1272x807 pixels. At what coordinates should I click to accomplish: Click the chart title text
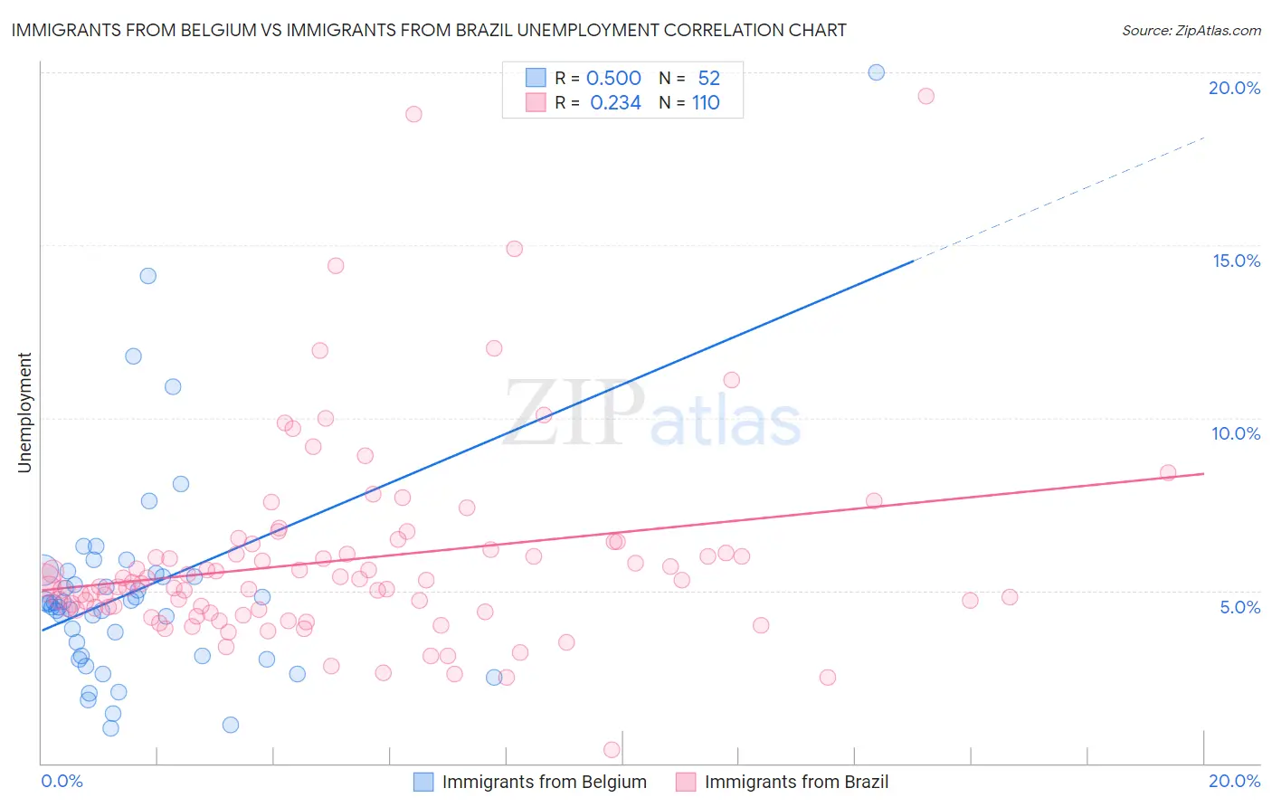coord(429,30)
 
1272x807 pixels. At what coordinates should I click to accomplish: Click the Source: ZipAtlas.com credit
coord(1191,30)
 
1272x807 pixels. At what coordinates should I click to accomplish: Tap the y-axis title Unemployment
coord(25,413)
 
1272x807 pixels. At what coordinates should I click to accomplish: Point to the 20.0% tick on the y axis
coord(1234,88)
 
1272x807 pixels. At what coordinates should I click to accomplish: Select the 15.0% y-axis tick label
coord(1236,261)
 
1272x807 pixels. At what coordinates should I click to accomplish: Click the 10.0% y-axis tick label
coord(1236,433)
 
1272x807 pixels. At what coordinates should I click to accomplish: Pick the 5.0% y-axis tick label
coord(1239,607)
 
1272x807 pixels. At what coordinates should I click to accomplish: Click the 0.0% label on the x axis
coord(62,781)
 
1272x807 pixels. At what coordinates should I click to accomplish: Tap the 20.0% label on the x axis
coord(1234,781)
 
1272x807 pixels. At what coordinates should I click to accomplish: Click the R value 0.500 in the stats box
coord(613,79)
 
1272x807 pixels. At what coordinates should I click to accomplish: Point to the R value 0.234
coord(615,103)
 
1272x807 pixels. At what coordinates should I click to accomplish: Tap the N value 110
coord(706,103)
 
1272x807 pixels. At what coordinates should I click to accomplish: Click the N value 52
coord(708,79)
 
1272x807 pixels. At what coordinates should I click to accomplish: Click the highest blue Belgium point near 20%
coord(876,72)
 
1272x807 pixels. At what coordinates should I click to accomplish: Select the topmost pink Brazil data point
coord(926,96)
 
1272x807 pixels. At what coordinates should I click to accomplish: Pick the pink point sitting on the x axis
coord(612,749)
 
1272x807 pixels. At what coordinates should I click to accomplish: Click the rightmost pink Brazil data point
coord(1168,472)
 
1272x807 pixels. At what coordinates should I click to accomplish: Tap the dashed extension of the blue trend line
coord(1058,198)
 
